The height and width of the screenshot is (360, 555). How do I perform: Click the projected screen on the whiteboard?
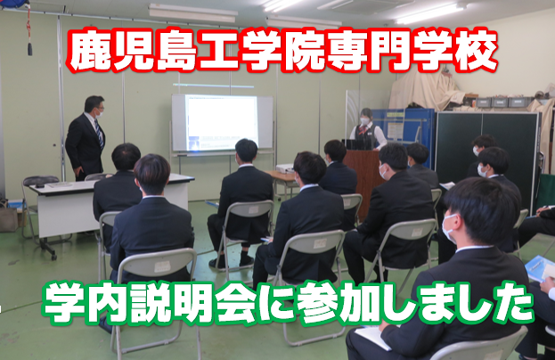click(222, 122)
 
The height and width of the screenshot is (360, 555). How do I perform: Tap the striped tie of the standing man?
click(99, 133)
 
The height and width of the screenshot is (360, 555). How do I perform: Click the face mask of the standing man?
click(100, 114)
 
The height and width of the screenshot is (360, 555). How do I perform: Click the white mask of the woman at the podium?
click(364, 121)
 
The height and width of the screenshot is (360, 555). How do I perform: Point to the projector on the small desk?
click(285, 168)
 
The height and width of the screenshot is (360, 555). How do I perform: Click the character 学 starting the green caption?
click(65, 303)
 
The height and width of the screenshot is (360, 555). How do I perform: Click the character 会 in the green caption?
click(235, 303)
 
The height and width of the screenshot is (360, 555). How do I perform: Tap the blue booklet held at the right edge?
click(539, 268)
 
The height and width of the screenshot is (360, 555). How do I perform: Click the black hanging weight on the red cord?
click(30, 49)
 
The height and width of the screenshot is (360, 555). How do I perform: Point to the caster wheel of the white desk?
click(53, 257)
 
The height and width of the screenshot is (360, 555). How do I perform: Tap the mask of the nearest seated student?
click(448, 228)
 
